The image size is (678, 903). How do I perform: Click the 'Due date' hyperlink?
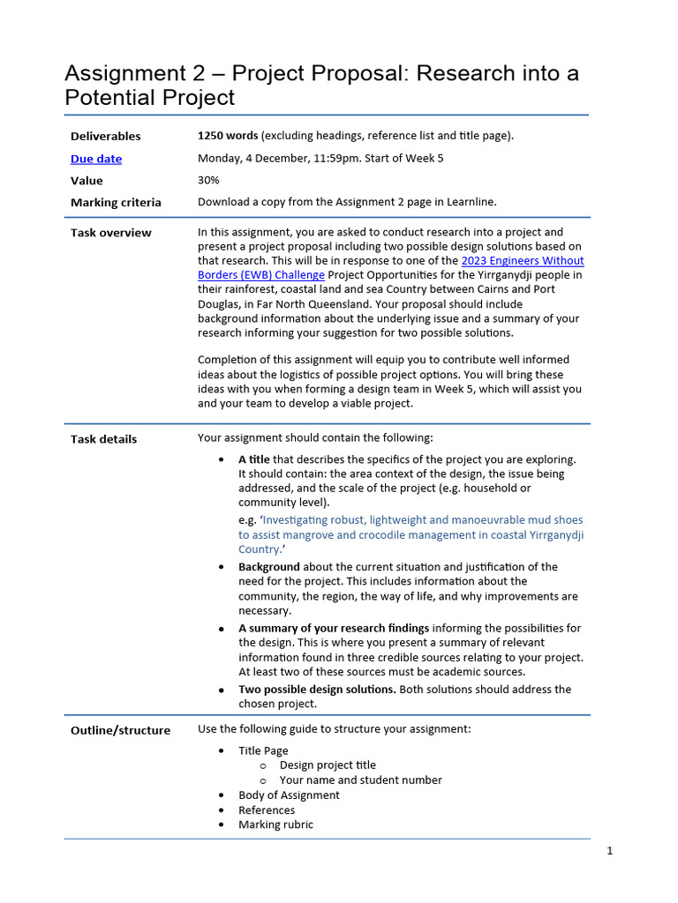click(x=96, y=159)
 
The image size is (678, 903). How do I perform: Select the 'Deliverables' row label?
click(x=105, y=136)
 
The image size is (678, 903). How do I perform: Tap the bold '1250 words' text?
click(x=228, y=136)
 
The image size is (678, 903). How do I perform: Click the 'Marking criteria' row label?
click(x=116, y=202)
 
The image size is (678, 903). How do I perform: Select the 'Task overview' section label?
click(x=110, y=233)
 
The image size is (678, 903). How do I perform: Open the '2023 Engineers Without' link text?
click(x=523, y=261)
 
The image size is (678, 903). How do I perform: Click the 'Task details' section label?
click(x=103, y=439)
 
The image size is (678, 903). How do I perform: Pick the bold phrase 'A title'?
click(x=254, y=459)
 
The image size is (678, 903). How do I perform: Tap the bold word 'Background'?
click(x=268, y=567)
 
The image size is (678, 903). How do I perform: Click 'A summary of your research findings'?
click(x=334, y=628)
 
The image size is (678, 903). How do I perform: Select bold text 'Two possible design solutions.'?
click(x=317, y=690)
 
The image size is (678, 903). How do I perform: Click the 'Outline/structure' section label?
click(x=120, y=730)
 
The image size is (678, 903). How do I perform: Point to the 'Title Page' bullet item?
click(x=263, y=750)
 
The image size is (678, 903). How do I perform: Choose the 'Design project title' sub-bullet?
click(x=328, y=765)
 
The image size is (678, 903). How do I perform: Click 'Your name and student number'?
click(x=360, y=780)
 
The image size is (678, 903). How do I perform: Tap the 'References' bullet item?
click(x=267, y=810)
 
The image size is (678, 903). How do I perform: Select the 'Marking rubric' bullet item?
click(x=275, y=825)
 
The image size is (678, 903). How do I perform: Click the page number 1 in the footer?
click(x=609, y=851)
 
